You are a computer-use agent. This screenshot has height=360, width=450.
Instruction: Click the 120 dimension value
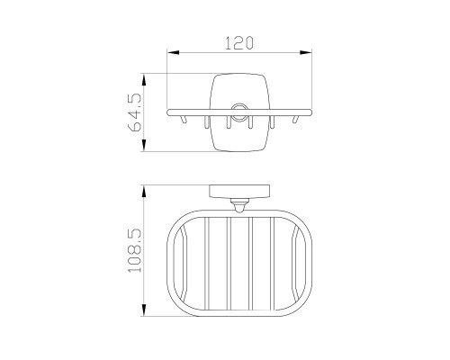(239, 43)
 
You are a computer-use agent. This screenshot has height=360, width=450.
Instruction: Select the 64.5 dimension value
(135, 112)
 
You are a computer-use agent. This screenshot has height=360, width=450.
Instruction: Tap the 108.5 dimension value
(135, 250)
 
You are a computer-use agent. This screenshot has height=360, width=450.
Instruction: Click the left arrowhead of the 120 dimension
(173, 52)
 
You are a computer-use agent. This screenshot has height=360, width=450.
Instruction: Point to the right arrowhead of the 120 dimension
(306, 52)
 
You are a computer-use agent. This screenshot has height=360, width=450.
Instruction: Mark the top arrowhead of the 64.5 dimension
(144, 80)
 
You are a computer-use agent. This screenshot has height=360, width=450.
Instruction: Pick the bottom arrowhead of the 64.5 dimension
(144, 145)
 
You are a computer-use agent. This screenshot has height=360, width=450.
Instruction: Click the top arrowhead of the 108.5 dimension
(144, 191)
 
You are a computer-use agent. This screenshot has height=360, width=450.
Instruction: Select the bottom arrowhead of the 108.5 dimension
(144, 310)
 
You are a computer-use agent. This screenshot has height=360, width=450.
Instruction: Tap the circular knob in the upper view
(239, 112)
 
